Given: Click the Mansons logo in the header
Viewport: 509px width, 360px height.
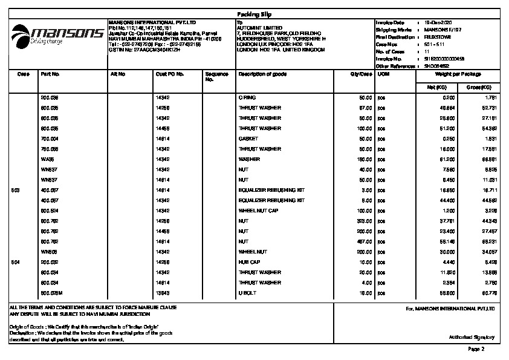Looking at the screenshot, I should [x=57, y=34].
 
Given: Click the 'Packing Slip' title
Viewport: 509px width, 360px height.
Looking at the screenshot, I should [x=254, y=13].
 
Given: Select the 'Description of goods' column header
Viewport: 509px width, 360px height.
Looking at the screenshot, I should [x=262, y=74].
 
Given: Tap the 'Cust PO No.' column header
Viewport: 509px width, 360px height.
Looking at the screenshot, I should [x=170, y=74].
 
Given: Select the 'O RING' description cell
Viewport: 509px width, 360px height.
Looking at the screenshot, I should [x=247, y=97].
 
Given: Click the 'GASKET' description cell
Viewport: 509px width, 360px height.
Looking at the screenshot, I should [x=248, y=139].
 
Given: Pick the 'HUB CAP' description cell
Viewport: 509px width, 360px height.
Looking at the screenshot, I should [x=248, y=262].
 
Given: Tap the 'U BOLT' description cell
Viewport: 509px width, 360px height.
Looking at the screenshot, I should [x=248, y=293].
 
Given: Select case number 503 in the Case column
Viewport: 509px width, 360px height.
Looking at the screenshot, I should [x=16, y=190].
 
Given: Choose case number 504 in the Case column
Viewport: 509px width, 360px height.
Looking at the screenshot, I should [x=16, y=262].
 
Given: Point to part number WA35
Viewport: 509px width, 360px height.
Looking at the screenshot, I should [x=47, y=159].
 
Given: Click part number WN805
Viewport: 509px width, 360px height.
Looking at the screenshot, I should [x=48, y=252].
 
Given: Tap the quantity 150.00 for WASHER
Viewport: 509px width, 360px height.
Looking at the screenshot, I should [x=365, y=159].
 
